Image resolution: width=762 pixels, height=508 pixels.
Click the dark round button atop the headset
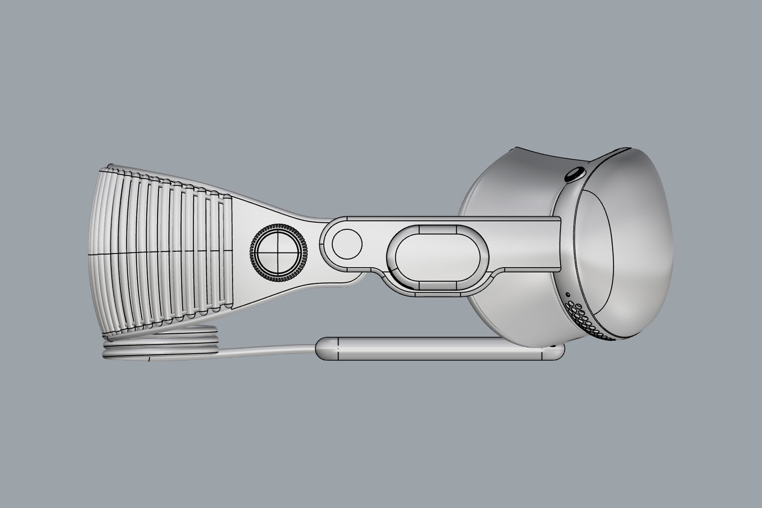click(x=574, y=175)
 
